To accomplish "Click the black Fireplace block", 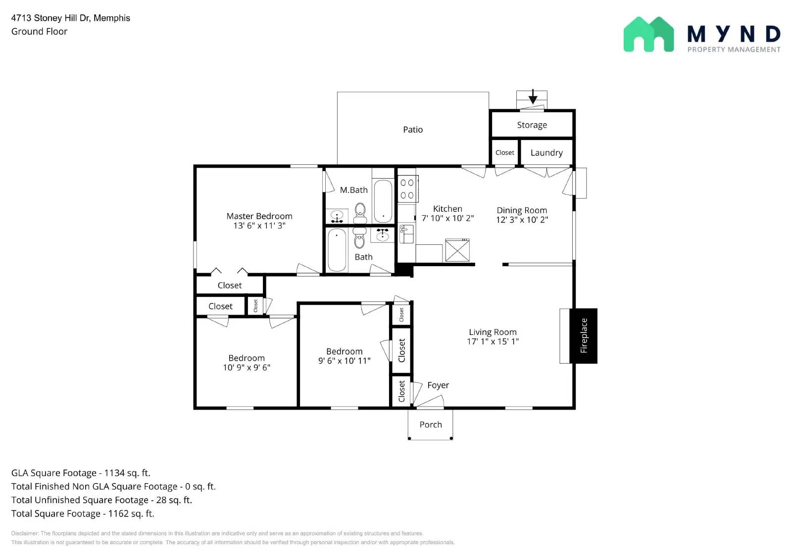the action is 584,336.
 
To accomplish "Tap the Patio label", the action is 413,130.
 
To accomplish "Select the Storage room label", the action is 532,125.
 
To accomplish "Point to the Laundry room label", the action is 546,153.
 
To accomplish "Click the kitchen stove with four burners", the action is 408,189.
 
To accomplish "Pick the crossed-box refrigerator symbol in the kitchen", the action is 457,250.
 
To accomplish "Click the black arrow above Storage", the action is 533,96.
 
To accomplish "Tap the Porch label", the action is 430,424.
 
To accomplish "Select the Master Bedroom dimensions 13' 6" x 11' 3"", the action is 259,226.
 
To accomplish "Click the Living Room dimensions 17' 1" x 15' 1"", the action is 493,341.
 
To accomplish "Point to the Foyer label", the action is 438,385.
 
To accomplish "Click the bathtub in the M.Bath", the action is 383,201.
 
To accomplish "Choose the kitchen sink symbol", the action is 406,234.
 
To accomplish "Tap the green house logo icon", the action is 648,34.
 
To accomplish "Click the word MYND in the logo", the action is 734,34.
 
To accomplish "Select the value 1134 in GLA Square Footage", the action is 114,473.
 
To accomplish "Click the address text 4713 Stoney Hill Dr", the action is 50,18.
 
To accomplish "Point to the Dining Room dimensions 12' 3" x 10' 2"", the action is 522,220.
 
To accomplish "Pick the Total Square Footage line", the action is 83,513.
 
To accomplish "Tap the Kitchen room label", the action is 447,209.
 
